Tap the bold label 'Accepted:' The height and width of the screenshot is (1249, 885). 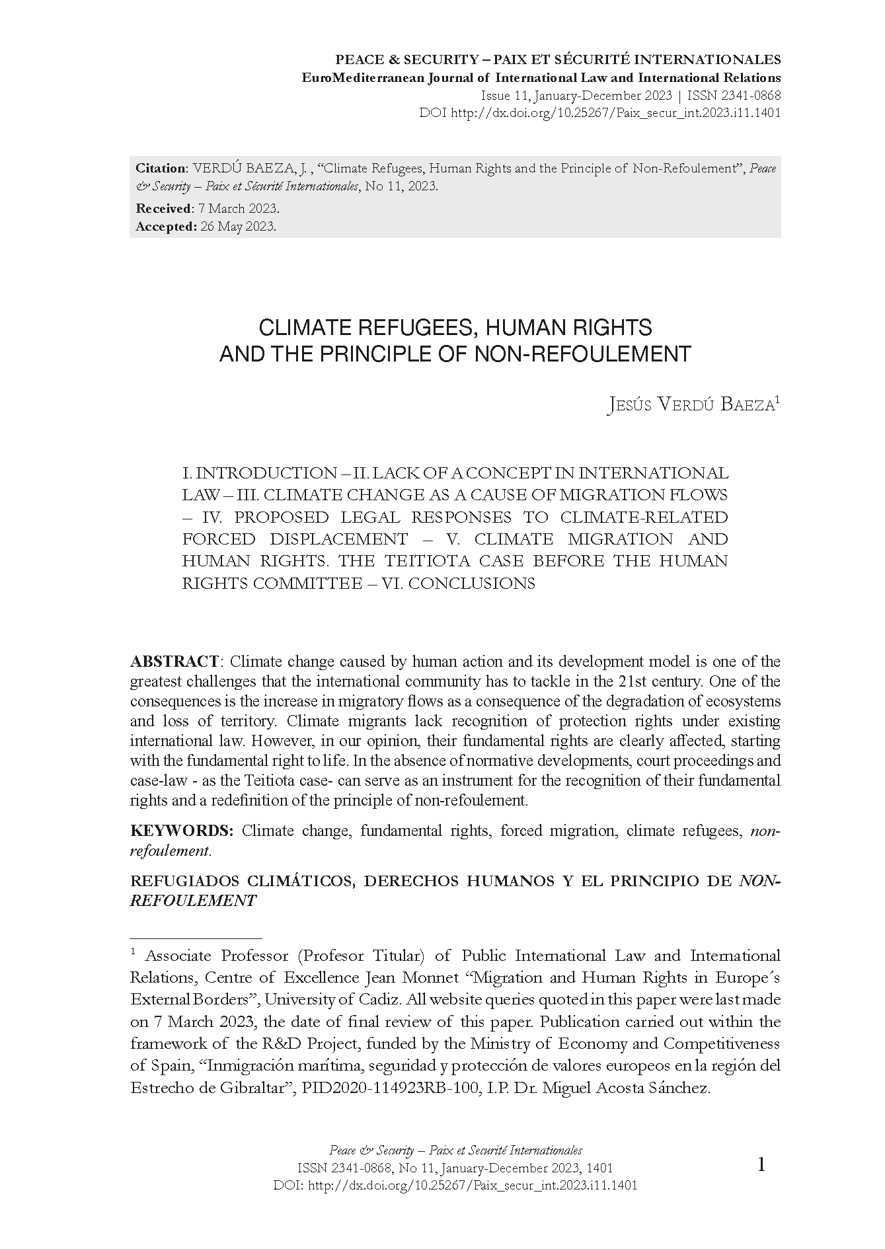click(x=166, y=227)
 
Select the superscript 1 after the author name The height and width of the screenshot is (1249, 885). click(x=777, y=399)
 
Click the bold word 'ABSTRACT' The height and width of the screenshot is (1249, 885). click(x=174, y=662)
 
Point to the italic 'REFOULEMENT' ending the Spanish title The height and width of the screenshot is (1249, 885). click(x=193, y=901)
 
